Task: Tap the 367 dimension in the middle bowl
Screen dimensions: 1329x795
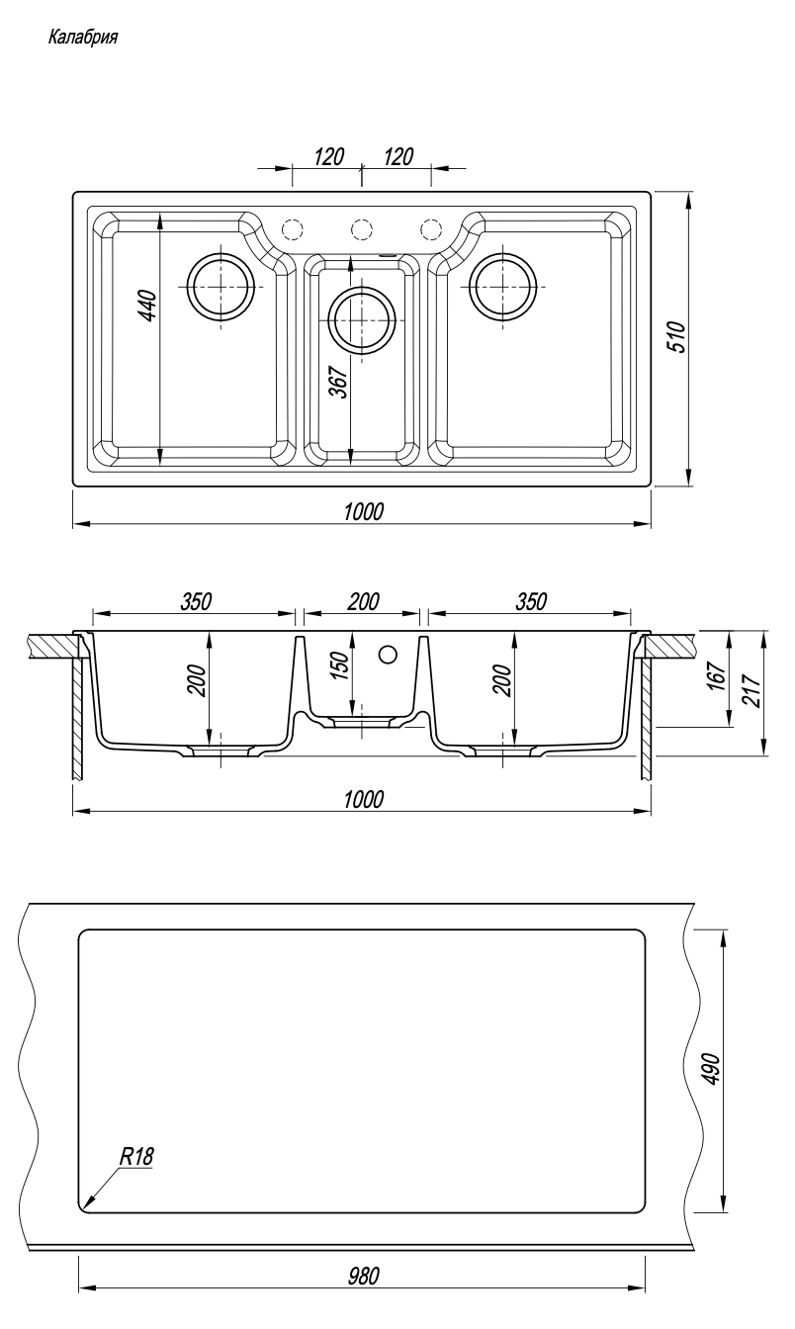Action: pyautogui.click(x=339, y=383)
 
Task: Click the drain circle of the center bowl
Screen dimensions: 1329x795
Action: pyautogui.click(x=363, y=320)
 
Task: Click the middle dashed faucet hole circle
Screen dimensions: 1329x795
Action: pyautogui.click(x=361, y=229)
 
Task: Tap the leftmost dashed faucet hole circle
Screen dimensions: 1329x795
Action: pyautogui.click(x=291, y=229)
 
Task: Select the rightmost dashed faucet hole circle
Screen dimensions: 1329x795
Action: pyautogui.click(x=431, y=229)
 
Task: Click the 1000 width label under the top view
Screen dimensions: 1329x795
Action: pyautogui.click(x=363, y=511)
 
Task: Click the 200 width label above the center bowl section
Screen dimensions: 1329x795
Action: pyautogui.click(x=363, y=601)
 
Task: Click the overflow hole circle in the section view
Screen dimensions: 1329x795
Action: pyautogui.click(x=388, y=654)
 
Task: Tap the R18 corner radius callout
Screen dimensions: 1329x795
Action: pyautogui.click(x=137, y=1155)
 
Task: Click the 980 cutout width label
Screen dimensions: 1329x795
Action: pyautogui.click(x=363, y=1276)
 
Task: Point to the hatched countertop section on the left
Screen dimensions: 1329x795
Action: pyautogui.click(x=54, y=645)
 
